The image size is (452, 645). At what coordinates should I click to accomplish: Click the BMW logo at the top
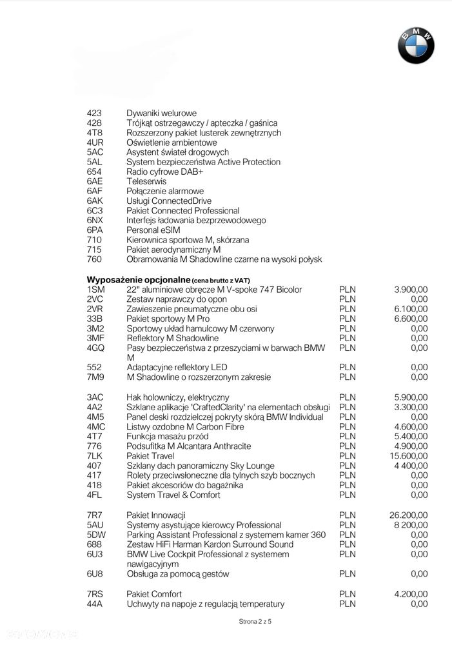pyautogui.click(x=416, y=46)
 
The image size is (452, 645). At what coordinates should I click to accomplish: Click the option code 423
pyautogui.click(x=94, y=113)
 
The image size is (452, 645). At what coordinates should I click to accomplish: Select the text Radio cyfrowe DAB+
pyautogui.click(x=164, y=172)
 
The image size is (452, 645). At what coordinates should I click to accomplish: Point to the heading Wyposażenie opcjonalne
pyautogui.click(x=138, y=280)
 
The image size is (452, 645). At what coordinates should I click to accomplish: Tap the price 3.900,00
pyautogui.click(x=411, y=290)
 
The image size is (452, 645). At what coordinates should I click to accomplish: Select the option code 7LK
pyautogui.click(x=95, y=456)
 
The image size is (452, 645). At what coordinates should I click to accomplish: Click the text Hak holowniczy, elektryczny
pyautogui.click(x=177, y=397)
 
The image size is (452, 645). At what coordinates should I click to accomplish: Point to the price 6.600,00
pyautogui.click(x=411, y=319)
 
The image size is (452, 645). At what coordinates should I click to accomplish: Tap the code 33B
pyautogui.click(x=95, y=319)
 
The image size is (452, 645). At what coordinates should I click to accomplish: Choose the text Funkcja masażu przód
pyautogui.click(x=166, y=437)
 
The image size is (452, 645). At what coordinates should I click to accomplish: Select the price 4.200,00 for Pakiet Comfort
pyautogui.click(x=411, y=594)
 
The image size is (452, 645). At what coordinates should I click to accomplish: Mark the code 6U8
pyautogui.click(x=95, y=573)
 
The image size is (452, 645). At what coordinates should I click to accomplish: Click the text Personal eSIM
pyautogui.click(x=153, y=230)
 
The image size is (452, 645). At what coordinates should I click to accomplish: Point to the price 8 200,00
pyautogui.click(x=411, y=525)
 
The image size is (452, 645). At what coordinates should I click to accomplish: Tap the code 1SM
pyautogui.click(x=95, y=290)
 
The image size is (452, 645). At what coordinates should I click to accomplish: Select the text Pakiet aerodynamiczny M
pyautogui.click(x=173, y=250)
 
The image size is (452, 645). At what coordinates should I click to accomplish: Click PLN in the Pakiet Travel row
pyautogui.click(x=347, y=456)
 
